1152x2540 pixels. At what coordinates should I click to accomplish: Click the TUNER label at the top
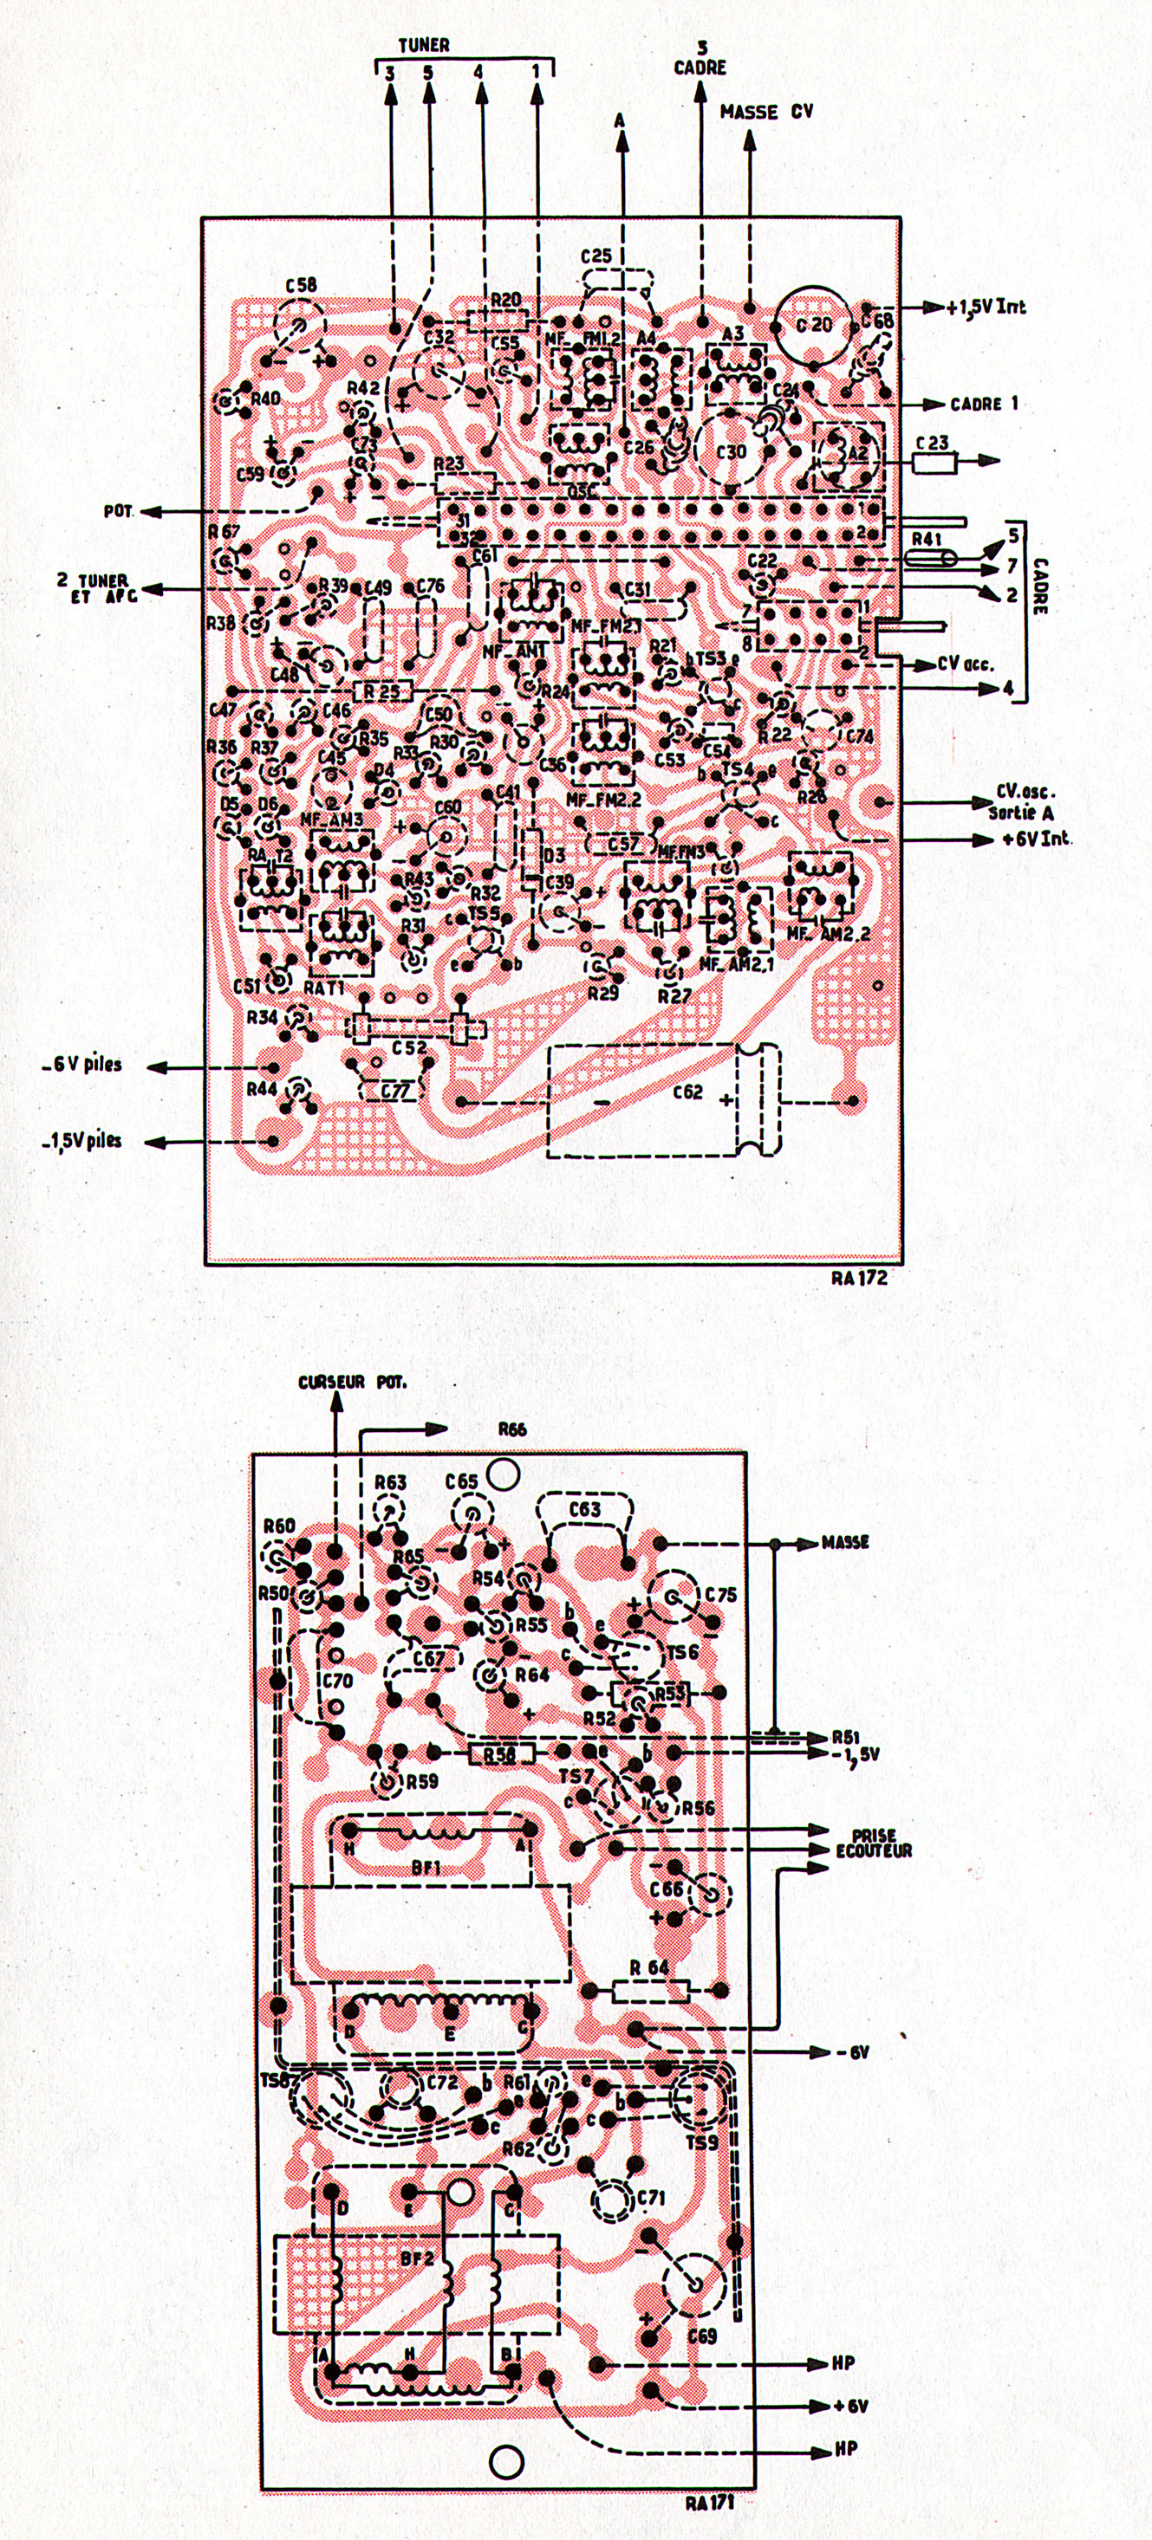423,45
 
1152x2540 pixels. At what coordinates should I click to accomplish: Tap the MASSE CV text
766,113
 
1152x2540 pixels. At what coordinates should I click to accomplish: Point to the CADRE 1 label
975,404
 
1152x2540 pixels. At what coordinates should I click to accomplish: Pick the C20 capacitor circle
813,324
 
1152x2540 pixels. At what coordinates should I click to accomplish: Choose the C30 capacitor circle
732,450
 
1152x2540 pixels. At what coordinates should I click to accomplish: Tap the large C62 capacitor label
687,1092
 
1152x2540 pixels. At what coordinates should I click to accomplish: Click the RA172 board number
858,1278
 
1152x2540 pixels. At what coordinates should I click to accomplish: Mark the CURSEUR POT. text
352,1383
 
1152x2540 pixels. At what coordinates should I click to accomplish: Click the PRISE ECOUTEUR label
874,1843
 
